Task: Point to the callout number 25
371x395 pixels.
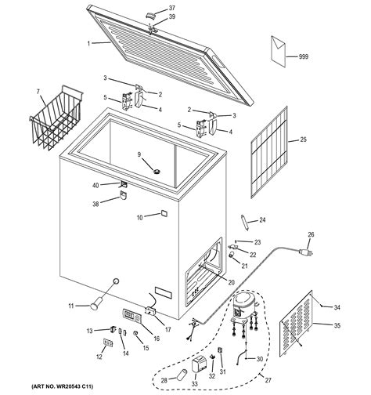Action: pyautogui.click(x=303, y=140)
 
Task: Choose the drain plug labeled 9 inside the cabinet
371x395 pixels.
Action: pyautogui.click(x=156, y=171)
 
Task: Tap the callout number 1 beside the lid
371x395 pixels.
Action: pyautogui.click(x=89, y=43)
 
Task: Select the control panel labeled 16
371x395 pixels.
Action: pyautogui.click(x=131, y=318)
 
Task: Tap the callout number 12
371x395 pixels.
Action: pyautogui.click(x=99, y=357)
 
